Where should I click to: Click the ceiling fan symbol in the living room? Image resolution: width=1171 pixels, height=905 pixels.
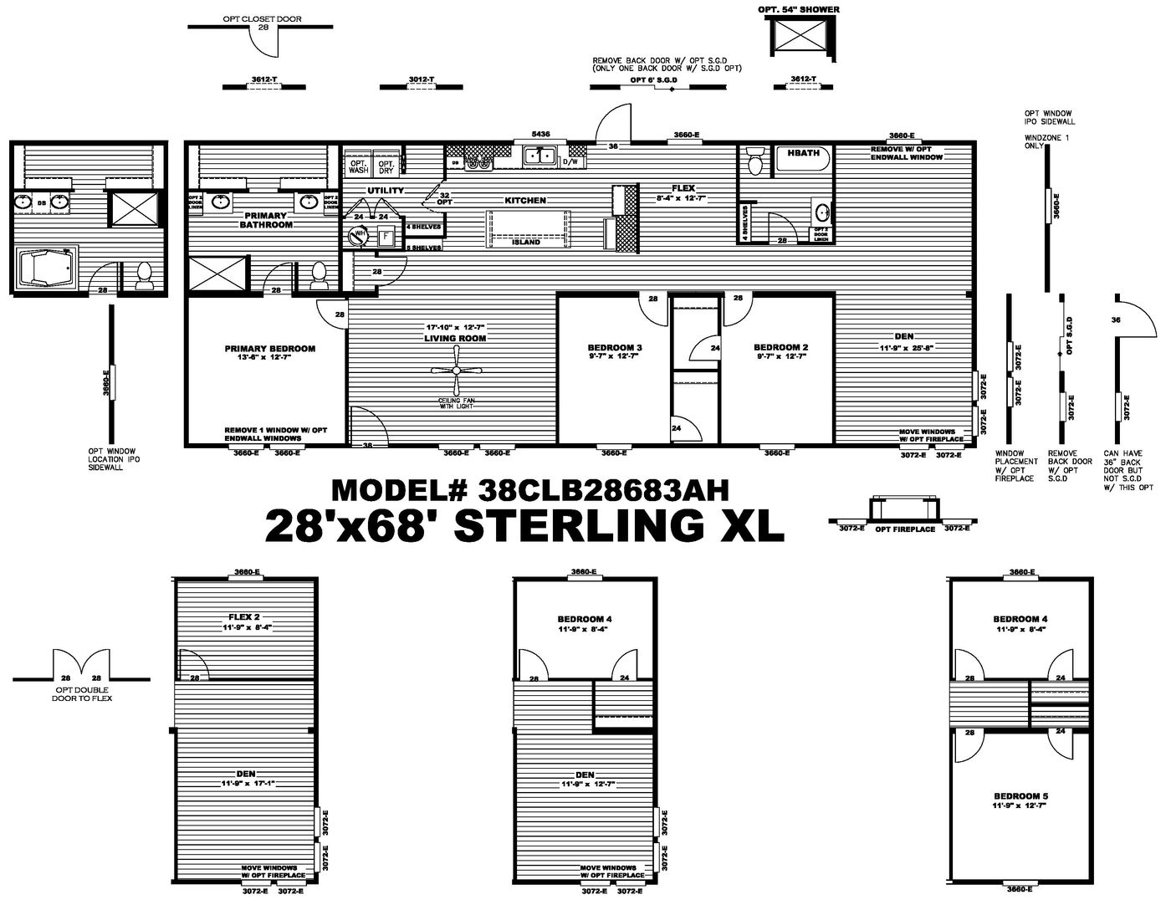[x=456, y=371]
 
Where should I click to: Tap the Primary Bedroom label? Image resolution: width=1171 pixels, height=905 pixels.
[x=269, y=348]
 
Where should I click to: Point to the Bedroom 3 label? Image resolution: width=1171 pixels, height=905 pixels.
[x=615, y=347]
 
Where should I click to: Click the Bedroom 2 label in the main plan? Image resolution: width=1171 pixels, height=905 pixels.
[x=780, y=347]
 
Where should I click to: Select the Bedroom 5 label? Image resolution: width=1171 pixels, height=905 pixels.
[x=1020, y=795]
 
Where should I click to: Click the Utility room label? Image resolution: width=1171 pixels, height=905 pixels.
[x=385, y=191]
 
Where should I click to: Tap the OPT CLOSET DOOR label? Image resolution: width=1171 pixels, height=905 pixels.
[x=262, y=18]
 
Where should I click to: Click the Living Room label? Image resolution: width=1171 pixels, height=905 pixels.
[x=456, y=339]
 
